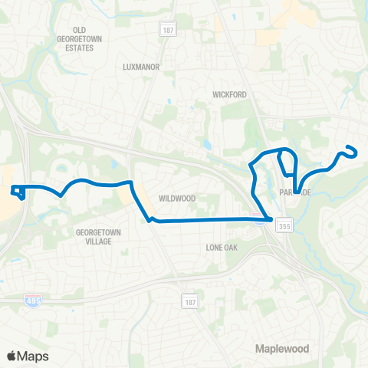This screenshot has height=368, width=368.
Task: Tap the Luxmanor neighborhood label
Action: (141, 67)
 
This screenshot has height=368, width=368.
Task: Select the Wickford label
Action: (228, 95)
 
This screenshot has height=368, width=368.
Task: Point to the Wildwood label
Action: (177, 198)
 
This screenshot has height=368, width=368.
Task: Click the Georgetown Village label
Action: (94, 235)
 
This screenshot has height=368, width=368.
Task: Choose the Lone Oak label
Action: (225, 248)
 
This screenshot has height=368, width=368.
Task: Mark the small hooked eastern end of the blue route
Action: (352, 149)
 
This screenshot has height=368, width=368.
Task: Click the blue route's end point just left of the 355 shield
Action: (271, 220)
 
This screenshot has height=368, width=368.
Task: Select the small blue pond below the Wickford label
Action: (206, 143)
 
